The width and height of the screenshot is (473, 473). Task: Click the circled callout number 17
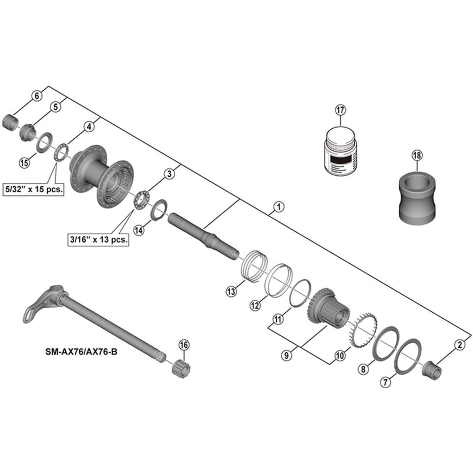[340, 110]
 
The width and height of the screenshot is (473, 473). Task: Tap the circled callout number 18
[417, 156]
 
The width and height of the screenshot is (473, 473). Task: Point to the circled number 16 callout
[184, 345]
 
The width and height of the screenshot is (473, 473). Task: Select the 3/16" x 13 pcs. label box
[98, 240]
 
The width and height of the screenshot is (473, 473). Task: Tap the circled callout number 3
[169, 174]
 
